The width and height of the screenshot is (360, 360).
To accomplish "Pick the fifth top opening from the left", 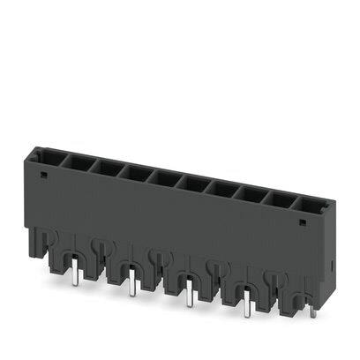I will [x=165, y=178].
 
